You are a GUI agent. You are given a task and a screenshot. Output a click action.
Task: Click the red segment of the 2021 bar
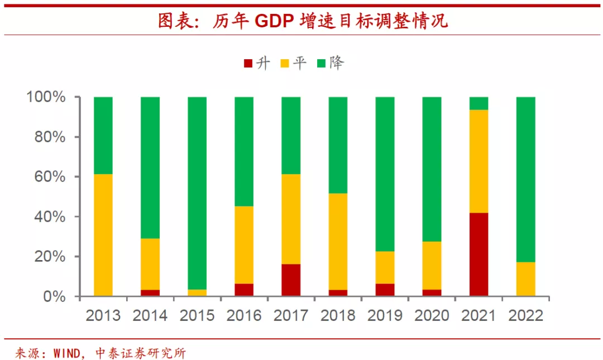(478, 255)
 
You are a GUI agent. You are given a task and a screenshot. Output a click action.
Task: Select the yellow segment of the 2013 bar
(103, 235)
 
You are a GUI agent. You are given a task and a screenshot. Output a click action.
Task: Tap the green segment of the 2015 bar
(197, 193)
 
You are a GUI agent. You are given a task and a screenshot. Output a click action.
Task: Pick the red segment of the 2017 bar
(291, 280)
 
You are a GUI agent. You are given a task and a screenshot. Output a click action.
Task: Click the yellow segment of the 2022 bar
(525, 279)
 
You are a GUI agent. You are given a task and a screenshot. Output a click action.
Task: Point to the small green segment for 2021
(478, 103)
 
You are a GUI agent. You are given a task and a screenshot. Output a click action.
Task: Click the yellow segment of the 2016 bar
(244, 245)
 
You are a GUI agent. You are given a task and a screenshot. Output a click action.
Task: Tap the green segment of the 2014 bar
(150, 167)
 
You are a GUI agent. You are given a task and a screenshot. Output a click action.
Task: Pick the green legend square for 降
(322, 63)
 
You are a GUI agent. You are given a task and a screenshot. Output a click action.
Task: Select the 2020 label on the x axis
(432, 315)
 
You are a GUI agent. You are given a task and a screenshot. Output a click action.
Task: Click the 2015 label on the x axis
(197, 315)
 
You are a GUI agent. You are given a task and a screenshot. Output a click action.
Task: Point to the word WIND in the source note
(69, 353)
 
